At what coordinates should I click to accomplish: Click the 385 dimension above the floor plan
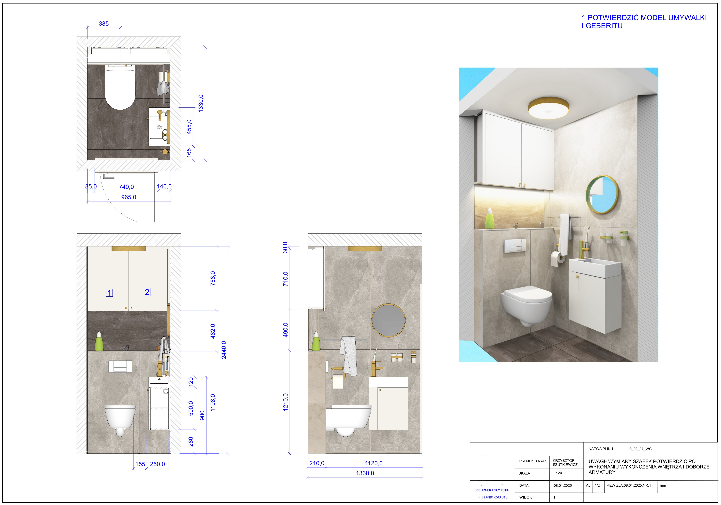coord(104,23)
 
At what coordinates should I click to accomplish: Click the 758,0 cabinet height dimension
coord(213,278)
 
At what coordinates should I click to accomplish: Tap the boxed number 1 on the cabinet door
coord(109,293)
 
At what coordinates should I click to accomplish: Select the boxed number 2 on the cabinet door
coord(147,292)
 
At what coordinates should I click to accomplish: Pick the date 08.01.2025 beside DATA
coord(563,486)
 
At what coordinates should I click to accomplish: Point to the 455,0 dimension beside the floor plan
coord(189,127)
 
